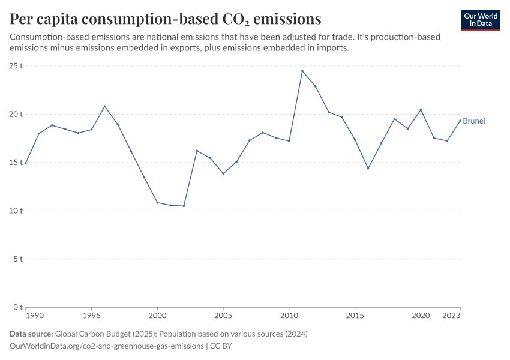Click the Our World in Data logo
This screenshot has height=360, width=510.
coord(480,20)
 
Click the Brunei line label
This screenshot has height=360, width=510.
coord(474,121)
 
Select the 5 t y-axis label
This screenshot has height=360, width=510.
coord(18,259)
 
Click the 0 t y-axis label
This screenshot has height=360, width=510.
coord(18,307)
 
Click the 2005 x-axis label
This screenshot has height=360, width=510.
coord(223,314)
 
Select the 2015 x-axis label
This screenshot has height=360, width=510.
coord(355,314)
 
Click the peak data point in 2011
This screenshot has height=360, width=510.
coord(302,71)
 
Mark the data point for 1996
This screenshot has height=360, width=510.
coord(104,106)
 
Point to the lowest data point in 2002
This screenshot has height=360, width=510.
coord(184,206)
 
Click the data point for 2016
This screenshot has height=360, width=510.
coord(368,168)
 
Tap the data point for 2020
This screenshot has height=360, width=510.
coord(421,110)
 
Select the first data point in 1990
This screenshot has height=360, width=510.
coord(26,163)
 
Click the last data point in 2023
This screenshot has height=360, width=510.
coord(460,121)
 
